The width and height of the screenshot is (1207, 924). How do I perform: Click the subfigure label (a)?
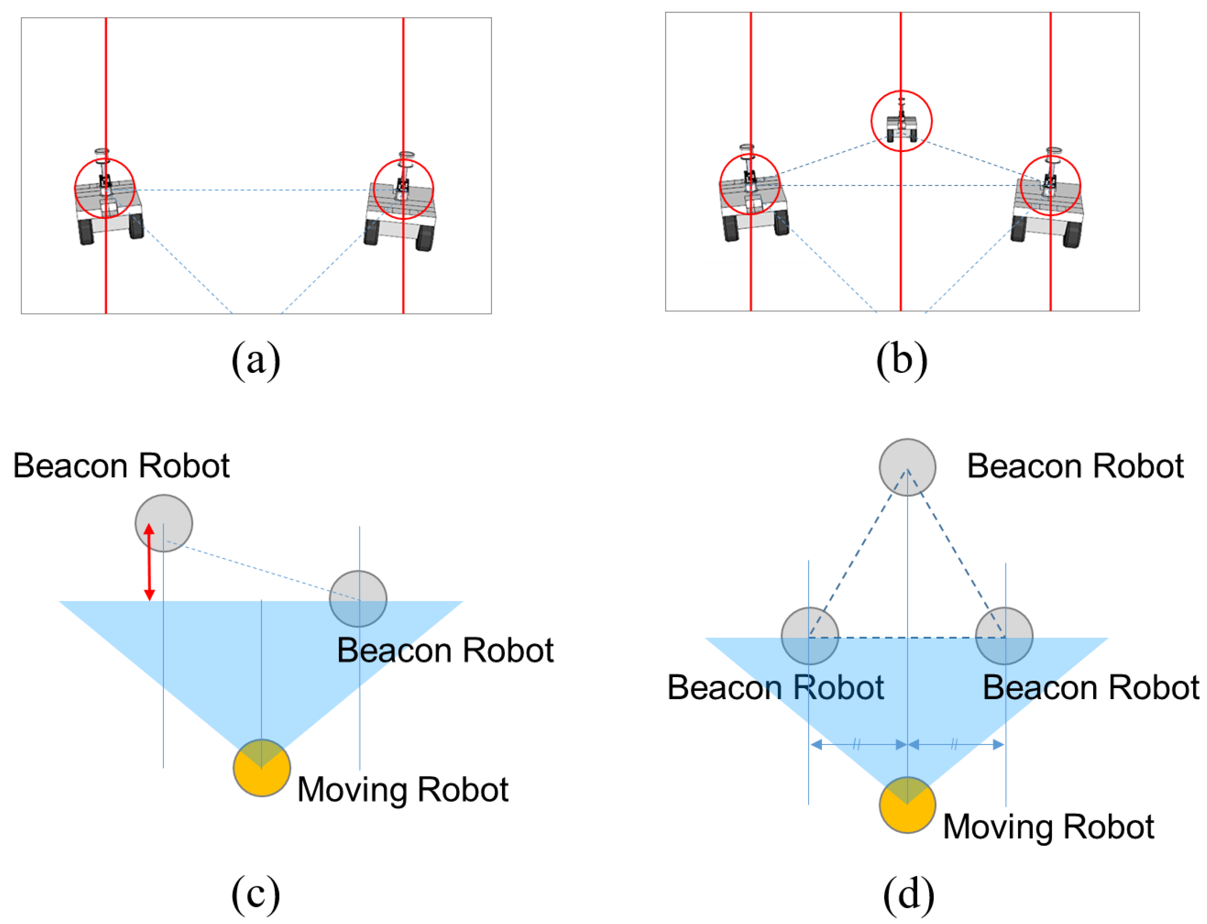coord(255,360)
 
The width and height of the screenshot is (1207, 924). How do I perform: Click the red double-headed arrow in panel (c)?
coord(148,562)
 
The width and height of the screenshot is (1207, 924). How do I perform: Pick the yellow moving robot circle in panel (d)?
coord(907,805)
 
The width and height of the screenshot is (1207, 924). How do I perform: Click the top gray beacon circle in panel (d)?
coord(907,467)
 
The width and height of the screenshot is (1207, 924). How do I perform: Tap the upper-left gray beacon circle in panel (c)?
coord(163,522)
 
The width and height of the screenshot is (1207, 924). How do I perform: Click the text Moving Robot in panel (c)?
coord(402,790)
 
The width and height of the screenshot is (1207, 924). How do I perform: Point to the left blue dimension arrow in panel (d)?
coord(858,745)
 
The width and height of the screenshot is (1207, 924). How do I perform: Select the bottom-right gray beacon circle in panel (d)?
coord(1004,636)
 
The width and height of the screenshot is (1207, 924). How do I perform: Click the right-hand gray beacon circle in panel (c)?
coord(358,599)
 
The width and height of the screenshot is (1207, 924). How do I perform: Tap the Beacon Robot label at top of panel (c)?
coord(121,466)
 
